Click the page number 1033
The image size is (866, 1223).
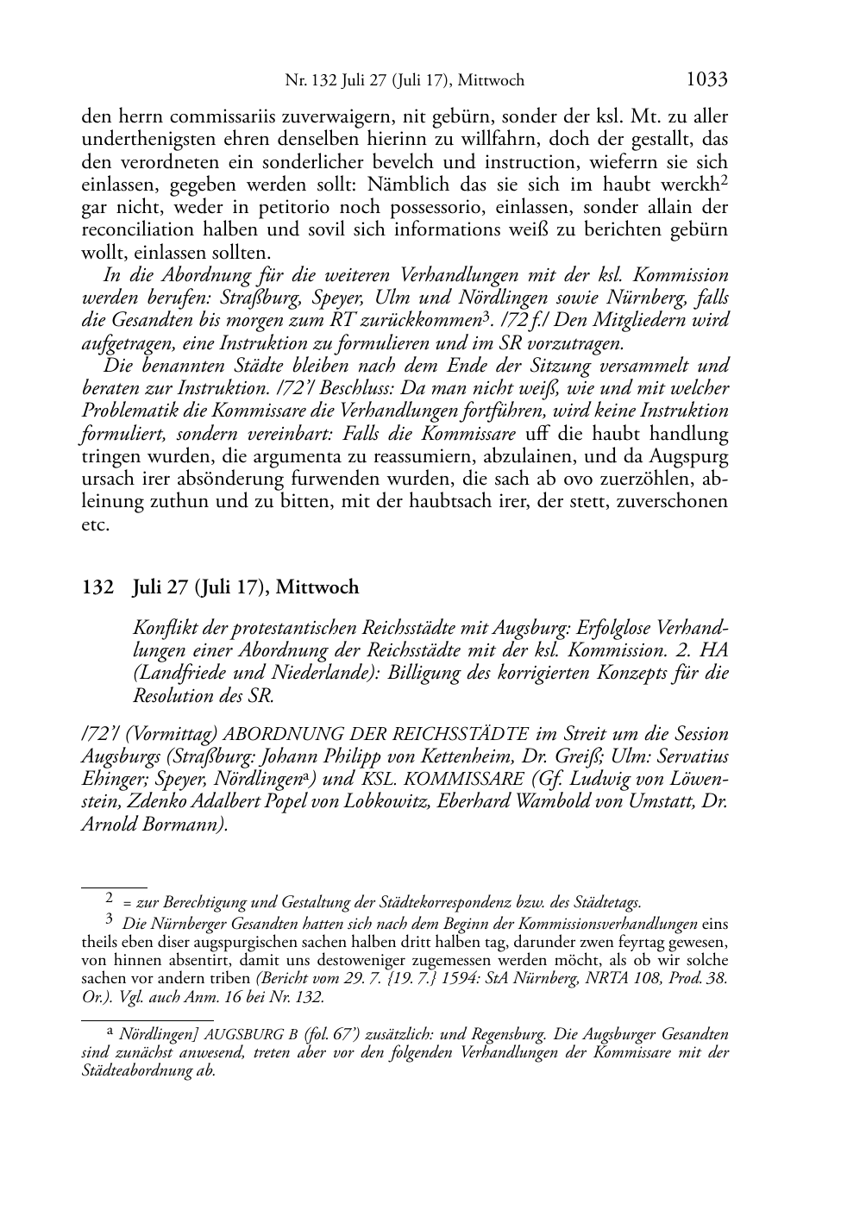pos(706,80)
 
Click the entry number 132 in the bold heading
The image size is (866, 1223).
pos(97,588)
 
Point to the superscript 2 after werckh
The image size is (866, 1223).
pos(725,180)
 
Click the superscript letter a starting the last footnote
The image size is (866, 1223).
pos(110,1031)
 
